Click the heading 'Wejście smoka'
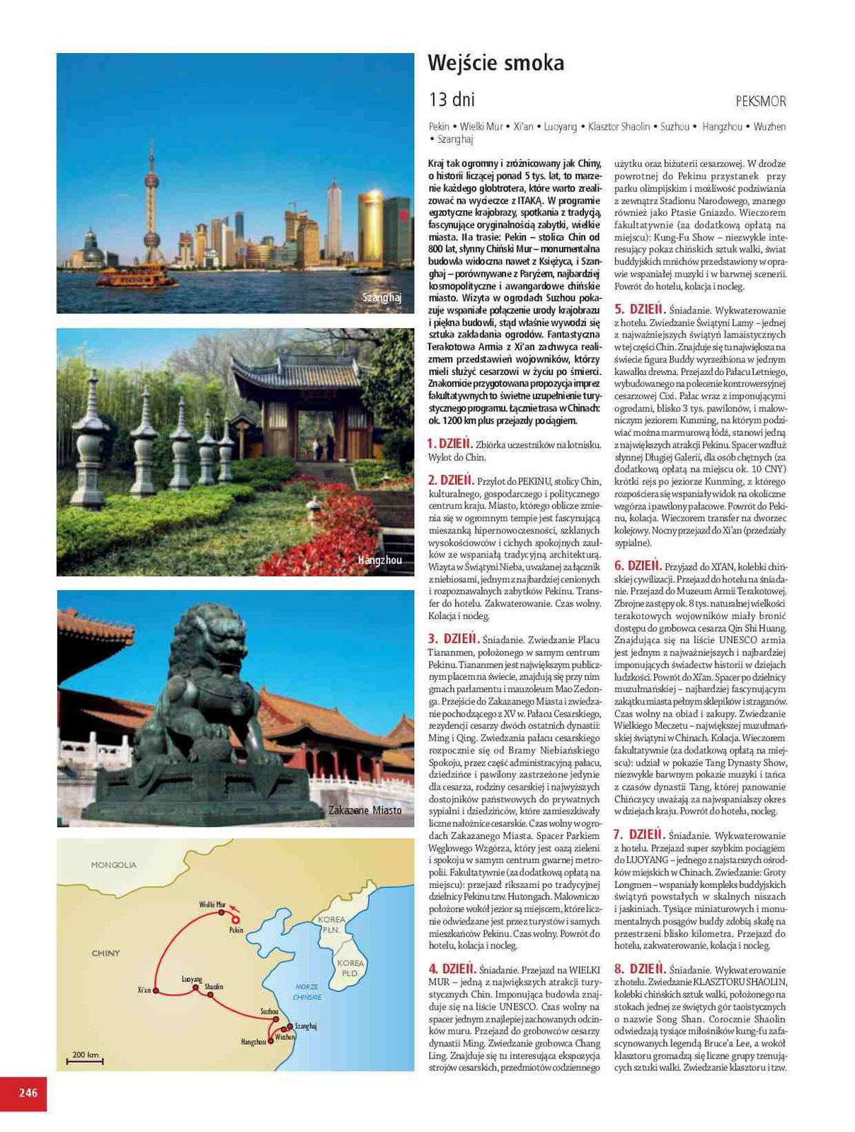pyautogui.click(x=496, y=64)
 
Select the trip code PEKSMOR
pyautogui.click(x=760, y=101)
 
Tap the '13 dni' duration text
pyautogui.click(x=451, y=99)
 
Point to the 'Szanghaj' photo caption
pyautogui.click(x=381, y=298)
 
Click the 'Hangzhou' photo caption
pyautogui.click(x=379, y=560)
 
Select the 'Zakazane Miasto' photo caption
pyautogui.click(x=365, y=810)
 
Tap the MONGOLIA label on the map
pyautogui.click(x=113, y=865)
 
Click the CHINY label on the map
pyautogui.click(x=105, y=953)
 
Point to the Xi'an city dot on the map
pyautogui.click(x=156, y=990)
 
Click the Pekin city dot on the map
pyautogui.click(x=229, y=920)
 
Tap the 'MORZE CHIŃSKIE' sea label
pyautogui.click(x=307, y=991)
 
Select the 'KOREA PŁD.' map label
pyautogui.click(x=350, y=968)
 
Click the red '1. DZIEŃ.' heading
pyautogui.click(x=449, y=444)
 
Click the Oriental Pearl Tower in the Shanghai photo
pyautogui.click(x=150, y=205)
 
